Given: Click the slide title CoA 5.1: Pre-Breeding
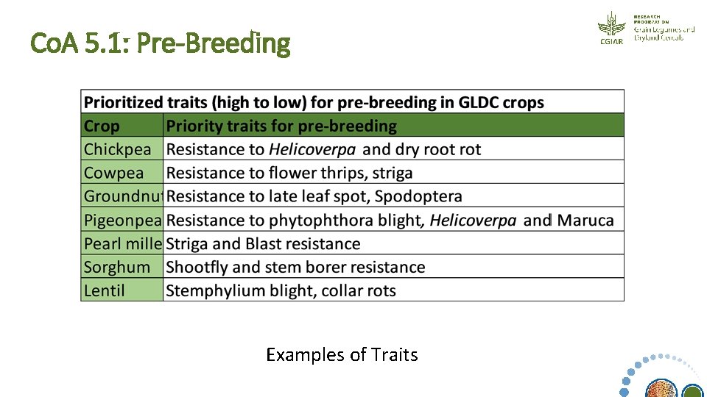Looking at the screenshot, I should pos(161,43).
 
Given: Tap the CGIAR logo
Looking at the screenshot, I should pos(611,28).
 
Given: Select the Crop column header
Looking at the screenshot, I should pos(102,126).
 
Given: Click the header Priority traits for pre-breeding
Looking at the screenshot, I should pos(281,126).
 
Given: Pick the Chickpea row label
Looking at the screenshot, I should pos(118,149).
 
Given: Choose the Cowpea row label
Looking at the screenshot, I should pos(114,173).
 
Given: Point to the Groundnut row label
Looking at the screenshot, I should pos(122,196).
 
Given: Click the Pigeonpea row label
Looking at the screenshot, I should pos(122,220).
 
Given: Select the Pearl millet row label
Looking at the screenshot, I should pos(122,243).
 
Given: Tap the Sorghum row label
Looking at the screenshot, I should pos(117,267).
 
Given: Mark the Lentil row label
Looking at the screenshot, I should pos(105,290).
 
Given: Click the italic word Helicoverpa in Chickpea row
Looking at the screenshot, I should pos(312,149).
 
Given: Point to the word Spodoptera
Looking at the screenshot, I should pos(418,196).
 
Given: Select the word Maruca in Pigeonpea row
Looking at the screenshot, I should pos(585,220).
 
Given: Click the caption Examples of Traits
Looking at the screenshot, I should pos(342,355).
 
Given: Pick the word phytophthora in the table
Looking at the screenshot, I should pos(317,220).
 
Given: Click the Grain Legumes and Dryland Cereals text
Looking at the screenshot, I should pos(664,33).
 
